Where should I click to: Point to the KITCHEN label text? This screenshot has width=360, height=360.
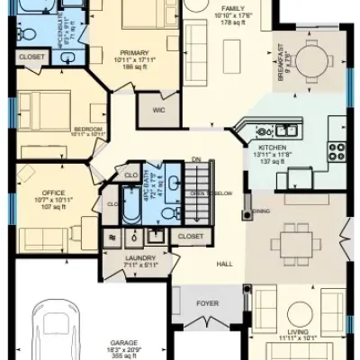pyautogui.click(x=271, y=147)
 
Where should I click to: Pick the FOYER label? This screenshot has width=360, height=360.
pyautogui.click(x=208, y=304)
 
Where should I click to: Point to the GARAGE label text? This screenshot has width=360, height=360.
pyautogui.click(x=123, y=343)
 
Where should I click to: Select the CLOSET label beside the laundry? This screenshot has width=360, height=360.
pyautogui.click(x=190, y=236)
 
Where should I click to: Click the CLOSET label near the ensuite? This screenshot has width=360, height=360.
pyautogui.click(x=31, y=57)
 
